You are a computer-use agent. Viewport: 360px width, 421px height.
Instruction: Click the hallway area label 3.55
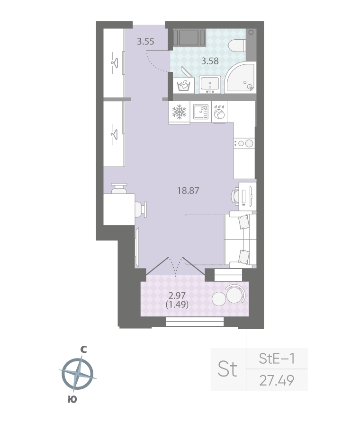click(x=145, y=41)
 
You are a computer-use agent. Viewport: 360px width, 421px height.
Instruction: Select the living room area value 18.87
click(x=188, y=191)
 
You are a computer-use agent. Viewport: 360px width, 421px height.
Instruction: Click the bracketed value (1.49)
click(x=177, y=305)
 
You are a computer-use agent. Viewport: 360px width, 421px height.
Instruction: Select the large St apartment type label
click(x=228, y=369)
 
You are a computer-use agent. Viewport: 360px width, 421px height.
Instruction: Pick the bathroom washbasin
click(x=209, y=84)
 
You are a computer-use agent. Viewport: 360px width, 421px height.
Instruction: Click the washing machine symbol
click(x=183, y=86)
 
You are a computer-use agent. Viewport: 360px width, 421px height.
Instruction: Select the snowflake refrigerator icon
click(x=179, y=113)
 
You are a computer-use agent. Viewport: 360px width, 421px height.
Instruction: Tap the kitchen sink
click(x=201, y=113)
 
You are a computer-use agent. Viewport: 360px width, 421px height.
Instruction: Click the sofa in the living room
click(x=239, y=240)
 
